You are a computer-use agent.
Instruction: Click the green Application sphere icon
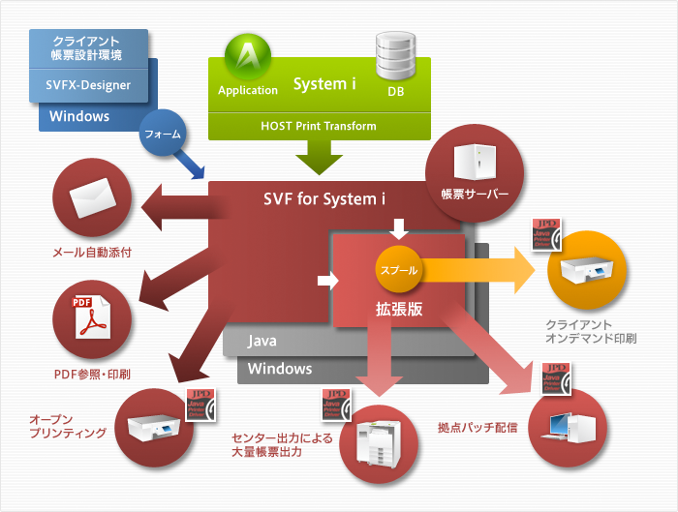point(247,59)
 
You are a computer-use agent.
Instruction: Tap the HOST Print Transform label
point(319,126)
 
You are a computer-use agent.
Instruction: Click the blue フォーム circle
point(162,136)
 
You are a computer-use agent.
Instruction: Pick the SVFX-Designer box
point(89,84)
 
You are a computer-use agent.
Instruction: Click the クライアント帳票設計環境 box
point(87,47)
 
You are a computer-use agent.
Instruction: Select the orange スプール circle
point(397,270)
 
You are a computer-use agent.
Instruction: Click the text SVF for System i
point(324,198)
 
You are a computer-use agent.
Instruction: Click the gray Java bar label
point(262,341)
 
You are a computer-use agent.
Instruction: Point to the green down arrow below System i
point(319,156)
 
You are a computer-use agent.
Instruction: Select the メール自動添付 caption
point(91,253)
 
